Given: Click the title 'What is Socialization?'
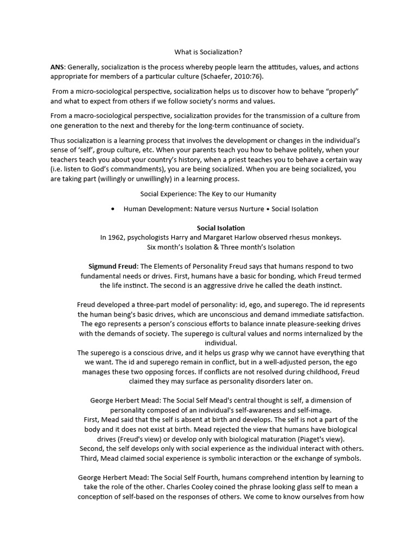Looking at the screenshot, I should pyautogui.click(x=208, y=52).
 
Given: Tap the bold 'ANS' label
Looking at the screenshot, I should pyautogui.click(x=57, y=67).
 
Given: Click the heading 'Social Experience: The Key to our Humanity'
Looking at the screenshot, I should pyautogui.click(x=208, y=194).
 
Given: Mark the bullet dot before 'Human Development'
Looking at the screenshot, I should pyautogui.click(x=112, y=209).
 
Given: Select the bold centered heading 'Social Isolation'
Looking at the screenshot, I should pyautogui.click(x=220, y=228).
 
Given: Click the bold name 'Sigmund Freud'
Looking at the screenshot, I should pyautogui.click(x=113, y=266).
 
